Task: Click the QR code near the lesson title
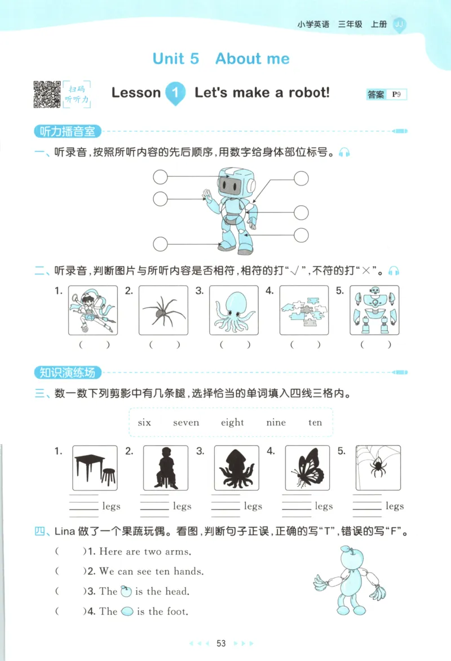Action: click(x=47, y=94)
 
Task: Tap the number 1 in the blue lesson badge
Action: click(x=175, y=94)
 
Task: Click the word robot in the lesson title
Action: click(x=302, y=92)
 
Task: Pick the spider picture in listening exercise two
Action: click(x=163, y=310)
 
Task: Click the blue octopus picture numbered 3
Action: click(x=233, y=310)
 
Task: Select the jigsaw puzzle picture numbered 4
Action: click(x=304, y=310)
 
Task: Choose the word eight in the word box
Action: click(x=232, y=423)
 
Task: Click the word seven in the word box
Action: click(x=186, y=423)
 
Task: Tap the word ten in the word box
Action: click(x=315, y=423)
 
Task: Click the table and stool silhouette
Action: click(x=95, y=469)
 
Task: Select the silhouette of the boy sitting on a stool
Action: click(x=165, y=469)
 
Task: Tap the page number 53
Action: click(x=221, y=644)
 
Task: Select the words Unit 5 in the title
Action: click(x=175, y=59)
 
